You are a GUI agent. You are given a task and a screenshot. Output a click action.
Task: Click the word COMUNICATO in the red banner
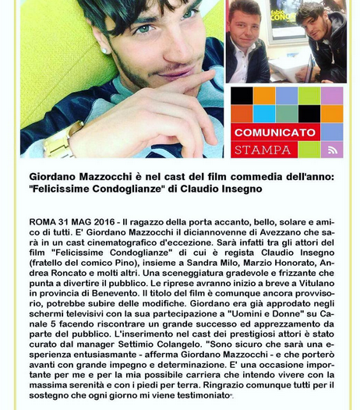coord(275,133)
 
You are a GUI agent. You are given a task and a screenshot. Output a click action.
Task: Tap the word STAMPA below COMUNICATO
coord(262,149)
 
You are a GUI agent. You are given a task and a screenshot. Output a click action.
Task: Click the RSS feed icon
coord(332,150)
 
